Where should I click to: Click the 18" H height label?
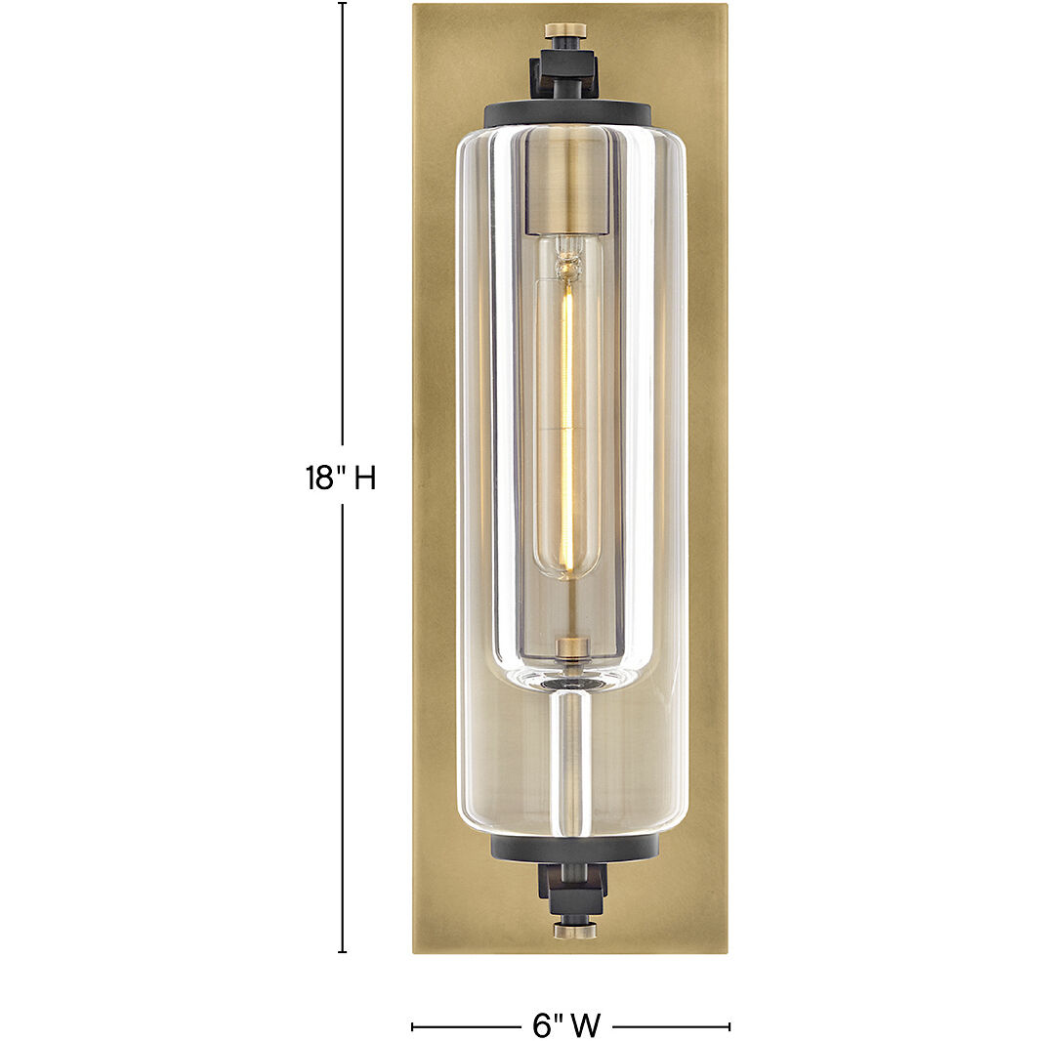coord(340,479)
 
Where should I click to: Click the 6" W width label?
coord(566,1025)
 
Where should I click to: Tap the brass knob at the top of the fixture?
coord(564,31)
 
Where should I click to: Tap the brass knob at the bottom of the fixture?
coord(574,930)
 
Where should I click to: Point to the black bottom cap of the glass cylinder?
coord(573,847)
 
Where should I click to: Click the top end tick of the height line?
coord(342,4)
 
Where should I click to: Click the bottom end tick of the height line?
coord(342,951)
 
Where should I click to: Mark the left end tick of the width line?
coord(412,1026)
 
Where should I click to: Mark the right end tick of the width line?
coord(729,1026)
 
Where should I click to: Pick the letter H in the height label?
coord(364,479)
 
